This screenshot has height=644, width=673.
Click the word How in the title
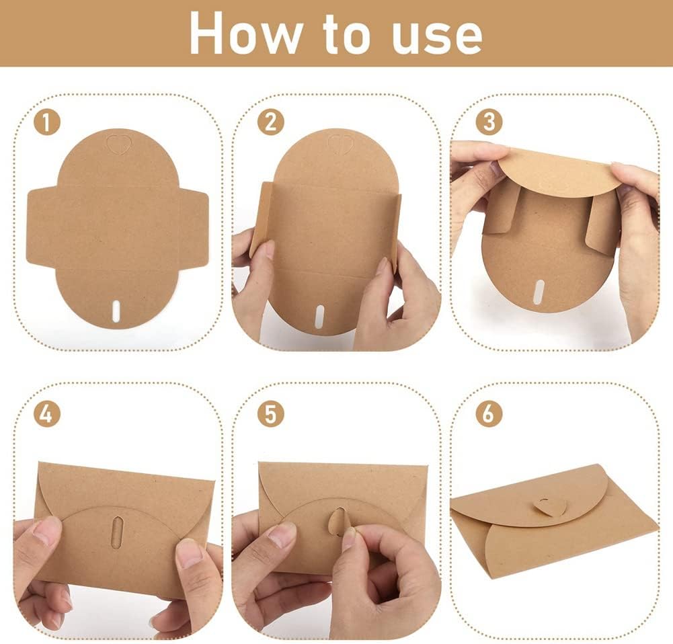tap(245, 34)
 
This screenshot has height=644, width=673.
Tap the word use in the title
tap(437, 38)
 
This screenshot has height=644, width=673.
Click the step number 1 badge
tap(47, 122)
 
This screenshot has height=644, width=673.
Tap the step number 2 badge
tap(270, 122)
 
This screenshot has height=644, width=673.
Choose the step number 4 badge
tap(47, 414)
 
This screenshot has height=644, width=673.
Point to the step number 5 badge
tap(270, 414)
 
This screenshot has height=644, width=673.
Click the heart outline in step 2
tap(338, 144)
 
